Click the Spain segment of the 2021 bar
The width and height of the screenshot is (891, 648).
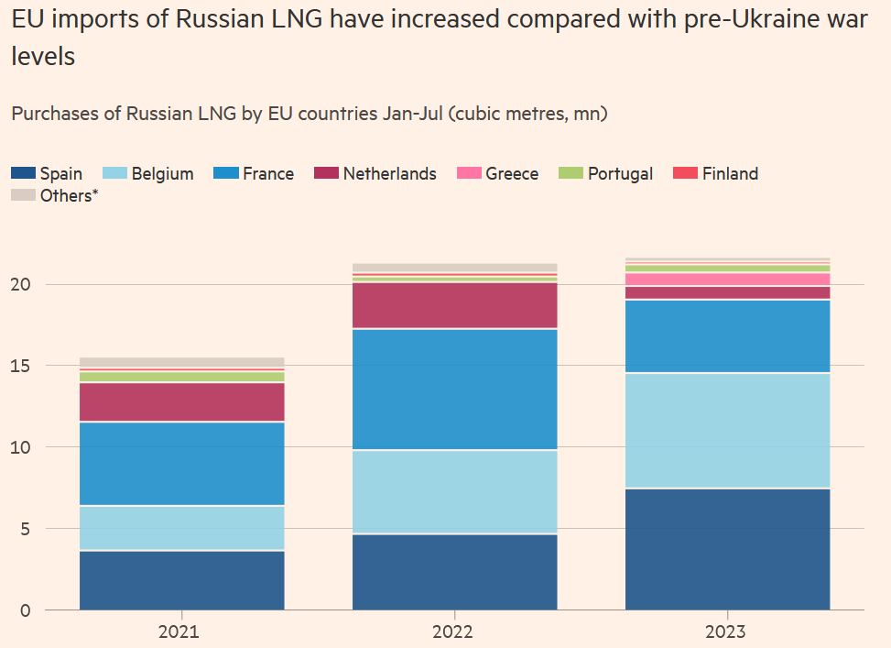[181, 579]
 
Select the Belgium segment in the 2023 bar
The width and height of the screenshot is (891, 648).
[727, 430]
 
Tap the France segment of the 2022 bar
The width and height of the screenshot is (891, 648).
[454, 389]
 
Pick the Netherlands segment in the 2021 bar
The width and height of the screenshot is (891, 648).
[181, 401]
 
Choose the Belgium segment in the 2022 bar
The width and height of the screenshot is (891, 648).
[454, 491]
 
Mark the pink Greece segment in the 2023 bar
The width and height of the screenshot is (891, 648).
[727, 280]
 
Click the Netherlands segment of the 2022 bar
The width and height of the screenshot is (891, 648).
[454, 304]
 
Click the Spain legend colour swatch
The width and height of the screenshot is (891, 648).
[24, 173]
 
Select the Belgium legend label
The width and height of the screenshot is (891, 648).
[162, 173]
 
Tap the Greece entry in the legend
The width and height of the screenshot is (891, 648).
[512, 173]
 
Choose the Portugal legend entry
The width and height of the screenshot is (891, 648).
[620, 173]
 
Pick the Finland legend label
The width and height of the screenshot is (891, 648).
[730, 173]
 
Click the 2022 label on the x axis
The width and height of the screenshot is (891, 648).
[454, 632]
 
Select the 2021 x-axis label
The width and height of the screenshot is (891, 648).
[181, 632]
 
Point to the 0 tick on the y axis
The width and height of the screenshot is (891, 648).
[25, 610]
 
